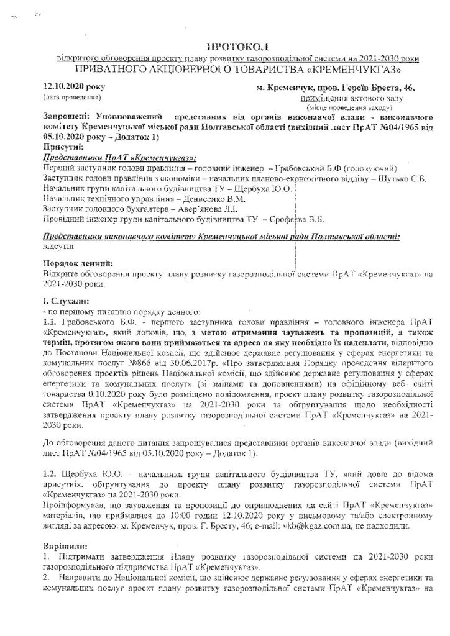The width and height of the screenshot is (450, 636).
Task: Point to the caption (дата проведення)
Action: (x=68, y=98)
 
